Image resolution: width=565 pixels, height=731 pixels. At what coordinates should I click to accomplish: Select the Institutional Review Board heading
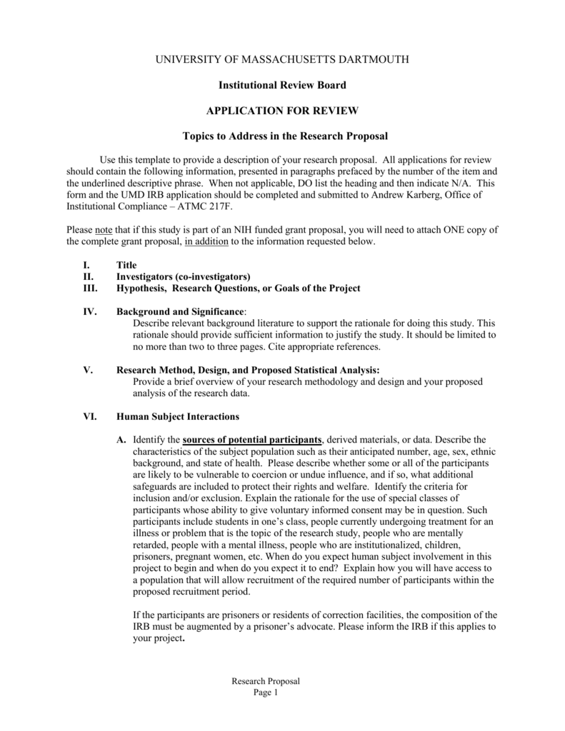point(282,85)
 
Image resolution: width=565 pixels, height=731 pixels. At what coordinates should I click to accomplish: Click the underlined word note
point(104,231)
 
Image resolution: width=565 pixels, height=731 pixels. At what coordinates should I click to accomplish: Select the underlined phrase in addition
point(206,243)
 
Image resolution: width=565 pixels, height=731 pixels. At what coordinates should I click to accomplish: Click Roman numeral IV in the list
point(89,312)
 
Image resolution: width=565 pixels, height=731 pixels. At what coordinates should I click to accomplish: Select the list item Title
point(126,265)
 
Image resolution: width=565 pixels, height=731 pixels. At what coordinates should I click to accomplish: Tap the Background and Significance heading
point(179,312)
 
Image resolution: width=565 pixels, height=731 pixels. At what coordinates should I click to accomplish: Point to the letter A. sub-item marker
point(121,439)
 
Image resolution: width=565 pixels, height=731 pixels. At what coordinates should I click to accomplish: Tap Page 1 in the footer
point(265,693)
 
